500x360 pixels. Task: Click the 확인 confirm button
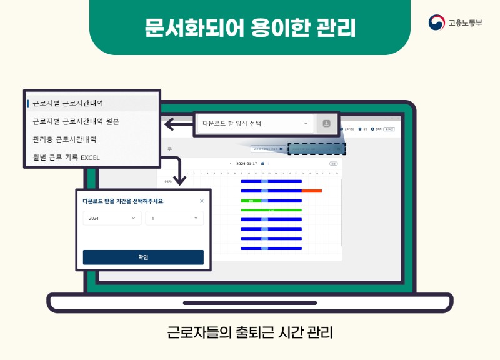pyautogui.click(x=143, y=257)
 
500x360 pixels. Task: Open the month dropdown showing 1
pyautogui.click(x=174, y=218)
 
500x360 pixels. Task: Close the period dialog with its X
pyautogui.click(x=201, y=201)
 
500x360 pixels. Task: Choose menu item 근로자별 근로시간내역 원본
pyautogui.click(x=76, y=121)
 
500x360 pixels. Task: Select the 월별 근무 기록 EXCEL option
pyautogui.click(x=66, y=157)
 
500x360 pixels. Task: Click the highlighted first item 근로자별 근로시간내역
pyautogui.click(x=68, y=102)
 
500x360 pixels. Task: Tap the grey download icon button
pyautogui.click(x=326, y=124)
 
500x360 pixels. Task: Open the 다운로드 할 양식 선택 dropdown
pyautogui.click(x=254, y=124)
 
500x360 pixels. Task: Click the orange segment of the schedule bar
pyautogui.click(x=312, y=191)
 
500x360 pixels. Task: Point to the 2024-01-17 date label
pyautogui.click(x=246, y=164)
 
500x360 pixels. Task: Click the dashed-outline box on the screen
pyautogui.click(x=316, y=149)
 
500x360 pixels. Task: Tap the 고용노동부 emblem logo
pyautogui.click(x=436, y=23)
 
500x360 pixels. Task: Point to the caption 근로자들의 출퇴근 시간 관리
pyautogui.click(x=250, y=332)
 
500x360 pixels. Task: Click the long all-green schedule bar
pyautogui.click(x=271, y=210)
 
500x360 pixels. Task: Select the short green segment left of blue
pyautogui.click(x=251, y=201)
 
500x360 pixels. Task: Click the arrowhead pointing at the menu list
pyautogui.click(x=168, y=125)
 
